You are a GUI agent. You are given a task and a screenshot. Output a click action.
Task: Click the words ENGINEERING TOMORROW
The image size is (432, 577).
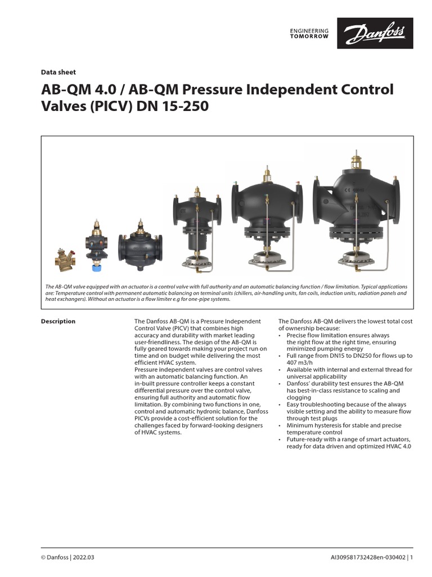coord(309,33)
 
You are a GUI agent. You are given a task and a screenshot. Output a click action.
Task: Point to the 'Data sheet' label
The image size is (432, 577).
coord(58,72)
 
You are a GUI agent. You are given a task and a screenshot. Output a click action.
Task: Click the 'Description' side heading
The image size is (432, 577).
coord(58,321)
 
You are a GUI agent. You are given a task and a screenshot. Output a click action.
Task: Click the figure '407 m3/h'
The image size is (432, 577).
coord(292,362)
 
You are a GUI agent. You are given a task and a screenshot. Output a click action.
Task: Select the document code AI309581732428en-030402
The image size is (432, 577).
coord(368,558)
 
